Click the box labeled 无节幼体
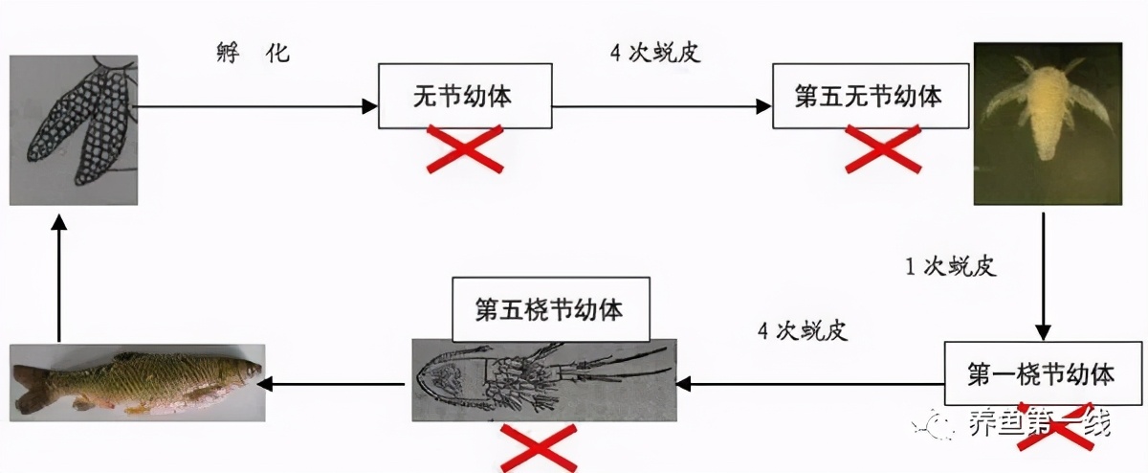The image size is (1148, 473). click(x=466, y=96)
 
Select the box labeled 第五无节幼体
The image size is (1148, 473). click(x=869, y=97)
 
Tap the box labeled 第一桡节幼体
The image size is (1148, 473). click(x=1042, y=372)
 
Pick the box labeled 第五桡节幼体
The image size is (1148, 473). click(x=549, y=310)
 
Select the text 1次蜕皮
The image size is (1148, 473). click(x=951, y=266)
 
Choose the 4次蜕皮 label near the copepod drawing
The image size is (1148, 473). click(x=802, y=331)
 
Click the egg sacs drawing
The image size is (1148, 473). click(x=74, y=129)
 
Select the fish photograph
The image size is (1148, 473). click(x=136, y=383)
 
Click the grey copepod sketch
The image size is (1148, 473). click(x=542, y=380)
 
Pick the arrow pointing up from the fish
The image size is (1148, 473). click(x=58, y=278)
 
